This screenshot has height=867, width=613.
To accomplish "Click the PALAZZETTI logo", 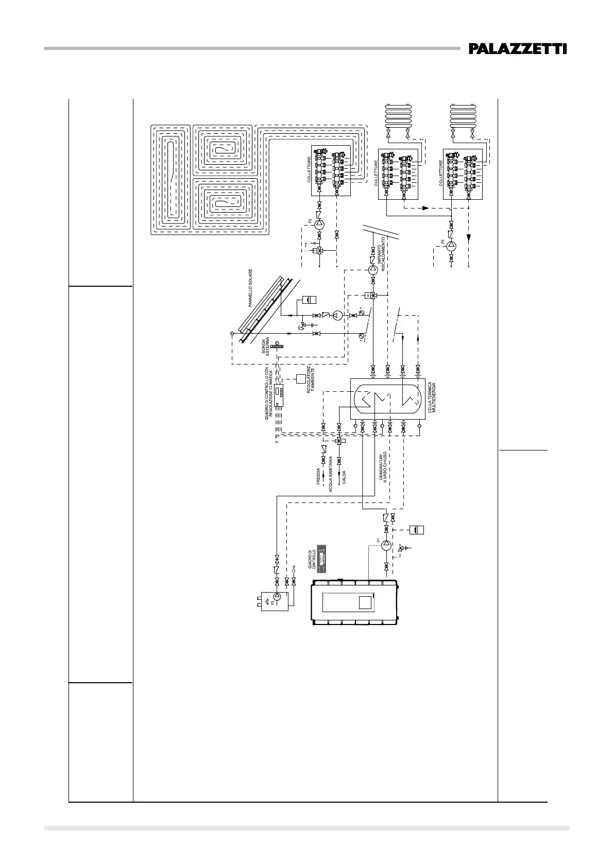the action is [x=517, y=49].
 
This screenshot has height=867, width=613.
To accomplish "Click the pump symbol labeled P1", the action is [x=386, y=546].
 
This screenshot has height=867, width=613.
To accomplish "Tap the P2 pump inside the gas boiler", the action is [x=277, y=597].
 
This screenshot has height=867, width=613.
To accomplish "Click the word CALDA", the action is [x=344, y=479].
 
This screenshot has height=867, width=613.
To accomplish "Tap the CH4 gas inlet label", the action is [x=294, y=568].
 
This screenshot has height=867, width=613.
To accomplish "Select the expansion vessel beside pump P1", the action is [x=417, y=529].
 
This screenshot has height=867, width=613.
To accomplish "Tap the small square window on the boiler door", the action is [x=365, y=602].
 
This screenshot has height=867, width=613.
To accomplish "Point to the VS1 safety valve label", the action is [x=299, y=326].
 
